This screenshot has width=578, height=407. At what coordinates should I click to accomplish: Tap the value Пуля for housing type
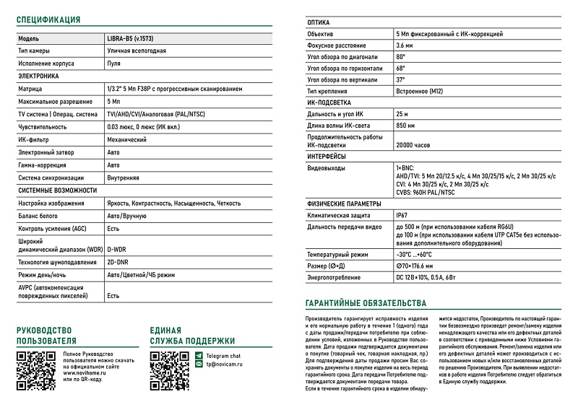point(113,64)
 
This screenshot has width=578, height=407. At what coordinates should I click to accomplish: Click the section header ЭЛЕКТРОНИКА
point(38,76)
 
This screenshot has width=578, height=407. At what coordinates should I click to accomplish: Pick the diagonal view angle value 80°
point(401,57)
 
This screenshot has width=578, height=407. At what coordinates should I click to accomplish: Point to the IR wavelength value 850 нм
point(405,126)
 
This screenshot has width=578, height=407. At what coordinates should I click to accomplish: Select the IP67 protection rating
point(402,215)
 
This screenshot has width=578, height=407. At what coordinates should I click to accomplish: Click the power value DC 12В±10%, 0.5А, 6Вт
point(426,278)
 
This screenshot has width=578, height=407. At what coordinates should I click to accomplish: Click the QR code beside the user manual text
point(32,370)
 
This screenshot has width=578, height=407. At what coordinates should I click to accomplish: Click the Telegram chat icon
point(200,356)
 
